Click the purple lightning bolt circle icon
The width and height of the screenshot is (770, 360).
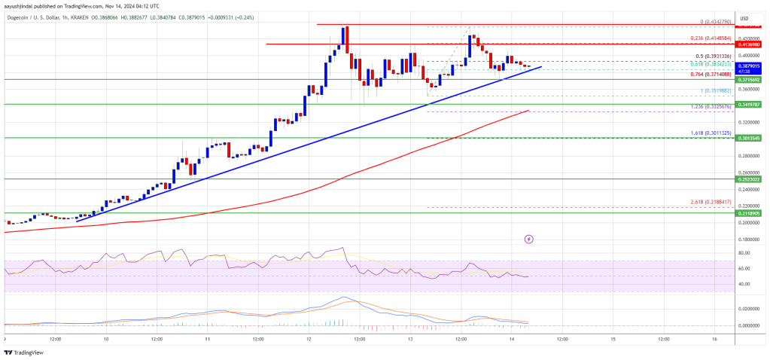pos(528,239)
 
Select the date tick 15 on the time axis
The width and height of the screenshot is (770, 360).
pos(613,339)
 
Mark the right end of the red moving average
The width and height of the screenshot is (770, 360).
pos(529,111)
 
